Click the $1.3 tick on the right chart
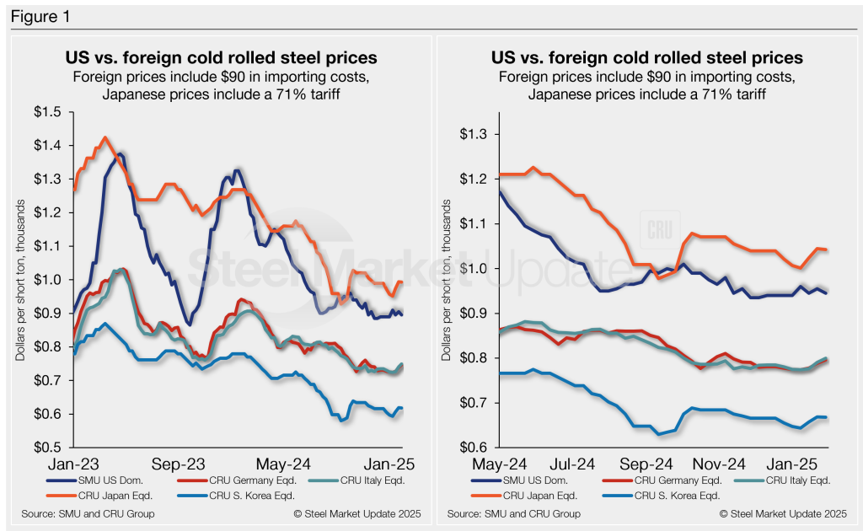[x=478, y=135]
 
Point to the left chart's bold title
[x=221, y=58]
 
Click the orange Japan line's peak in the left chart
[x=105, y=137]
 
